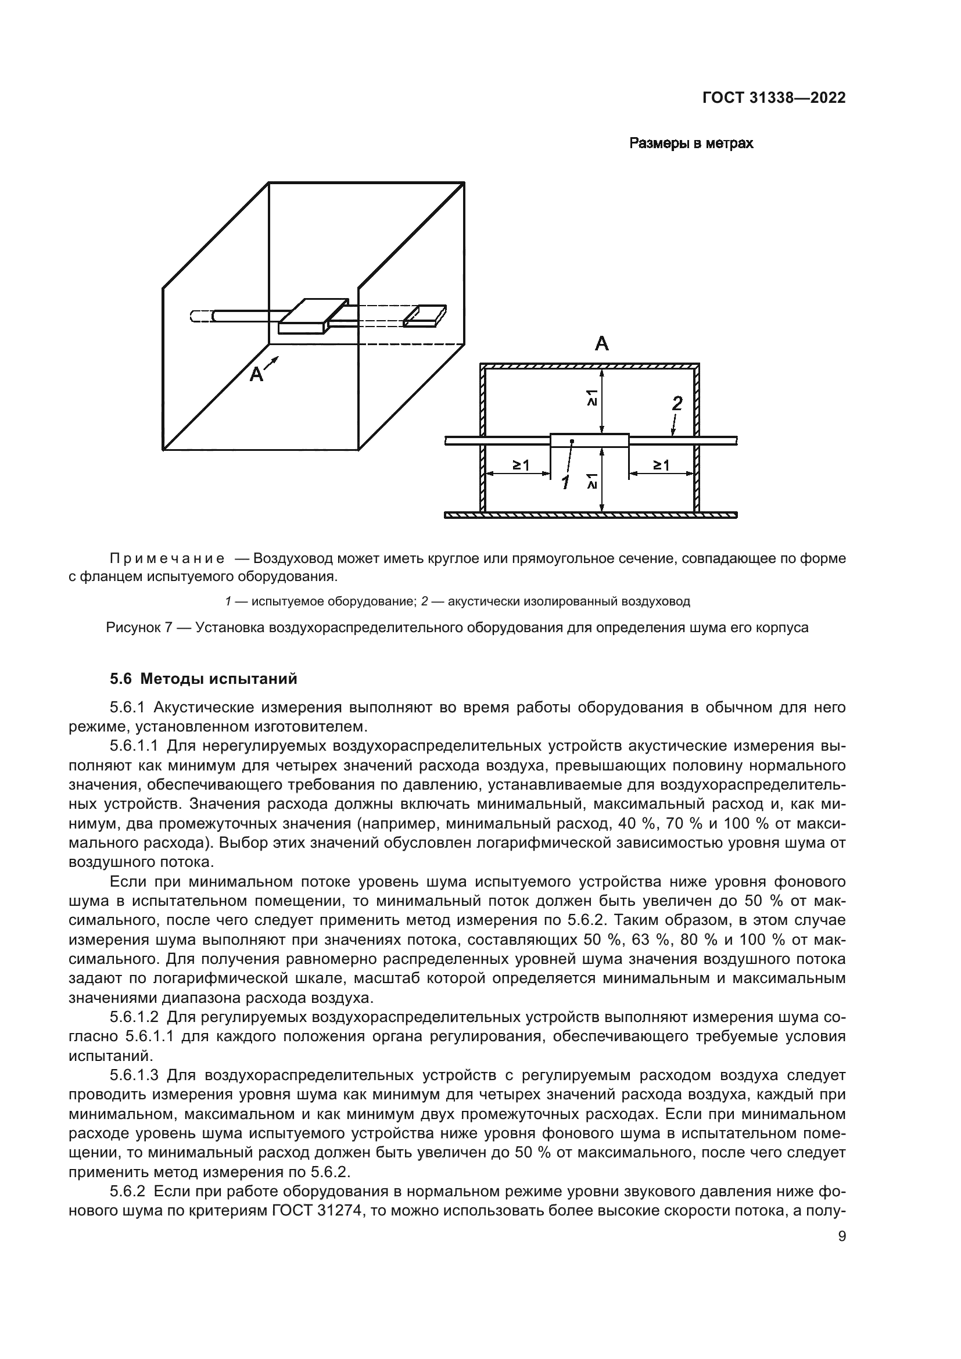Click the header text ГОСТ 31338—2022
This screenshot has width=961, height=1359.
(773, 98)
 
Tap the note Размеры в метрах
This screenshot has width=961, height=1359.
(691, 144)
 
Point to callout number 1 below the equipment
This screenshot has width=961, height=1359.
(566, 483)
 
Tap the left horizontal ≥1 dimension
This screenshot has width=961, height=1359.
(521, 465)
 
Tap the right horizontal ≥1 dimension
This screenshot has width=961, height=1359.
(661, 465)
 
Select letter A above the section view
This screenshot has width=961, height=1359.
(601, 344)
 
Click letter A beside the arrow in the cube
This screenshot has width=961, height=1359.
(256, 374)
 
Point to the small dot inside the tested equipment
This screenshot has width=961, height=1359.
(572, 441)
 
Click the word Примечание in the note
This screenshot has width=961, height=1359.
(167, 559)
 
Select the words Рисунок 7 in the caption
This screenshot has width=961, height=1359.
(138, 627)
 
